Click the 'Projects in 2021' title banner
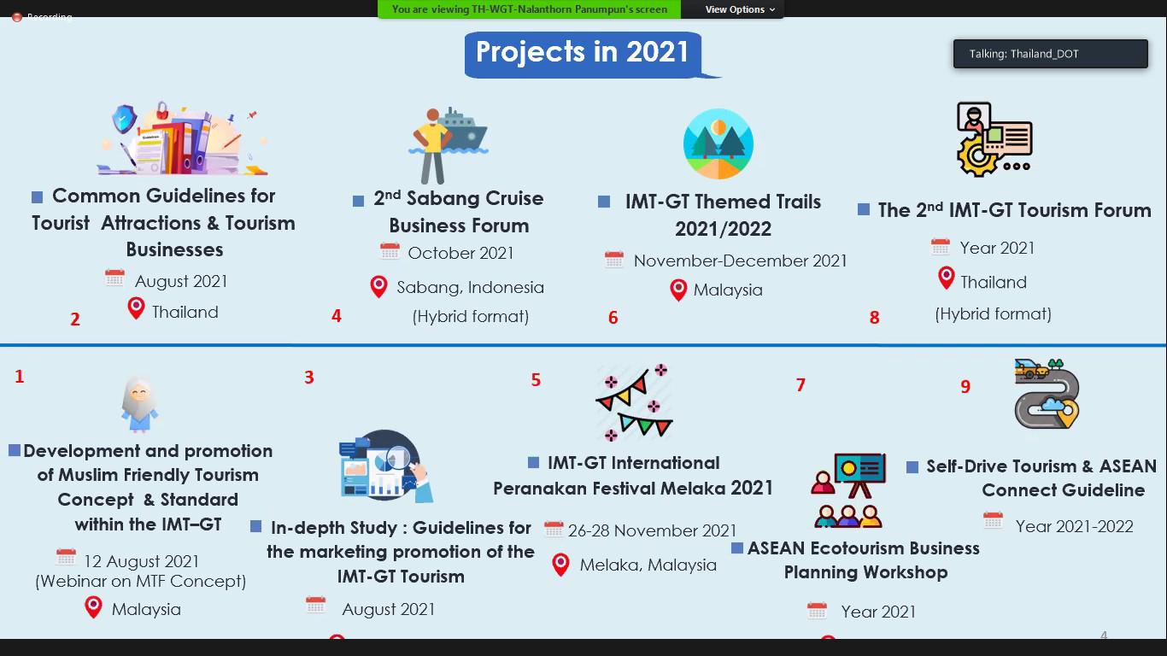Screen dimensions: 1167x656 click(583, 54)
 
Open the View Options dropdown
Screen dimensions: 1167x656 click(740, 9)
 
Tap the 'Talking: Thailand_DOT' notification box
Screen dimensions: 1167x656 click(1050, 54)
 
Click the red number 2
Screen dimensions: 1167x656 click(75, 319)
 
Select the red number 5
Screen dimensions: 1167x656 click(536, 380)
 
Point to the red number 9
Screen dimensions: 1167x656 click(965, 386)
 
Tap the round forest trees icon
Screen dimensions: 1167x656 click(718, 143)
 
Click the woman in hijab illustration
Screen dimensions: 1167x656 click(139, 405)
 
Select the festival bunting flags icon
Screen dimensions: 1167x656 click(635, 402)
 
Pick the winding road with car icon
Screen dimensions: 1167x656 click(1047, 394)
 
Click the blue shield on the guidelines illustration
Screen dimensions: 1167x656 click(124, 119)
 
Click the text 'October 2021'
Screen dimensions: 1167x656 click(460, 253)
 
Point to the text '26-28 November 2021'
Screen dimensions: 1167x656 click(652, 530)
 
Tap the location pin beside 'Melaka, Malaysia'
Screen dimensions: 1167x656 click(560, 565)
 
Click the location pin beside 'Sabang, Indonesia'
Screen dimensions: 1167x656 click(378, 287)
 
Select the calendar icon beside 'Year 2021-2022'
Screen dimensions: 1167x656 click(993, 521)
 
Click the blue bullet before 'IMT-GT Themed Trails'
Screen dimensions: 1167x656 click(604, 202)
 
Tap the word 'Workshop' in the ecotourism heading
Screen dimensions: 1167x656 click(906, 572)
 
